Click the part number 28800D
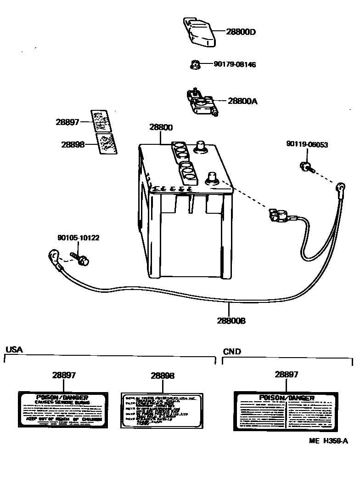tap(241, 32)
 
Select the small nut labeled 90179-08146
tap(195, 65)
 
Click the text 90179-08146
tap(235, 65)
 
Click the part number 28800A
tap(242, 101)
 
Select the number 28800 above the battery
tap(161, 127)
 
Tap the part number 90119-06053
tap(307, 145)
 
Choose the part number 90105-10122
tap(78, 238)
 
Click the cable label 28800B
tap(231, 321)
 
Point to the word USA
tap(14, 349)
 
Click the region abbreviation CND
tap(232, 352)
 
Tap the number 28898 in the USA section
tap(162, 376)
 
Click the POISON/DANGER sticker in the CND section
tap(287, 411)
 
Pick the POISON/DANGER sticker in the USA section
tap(63, 410)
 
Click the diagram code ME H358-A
tap(328, 441)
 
